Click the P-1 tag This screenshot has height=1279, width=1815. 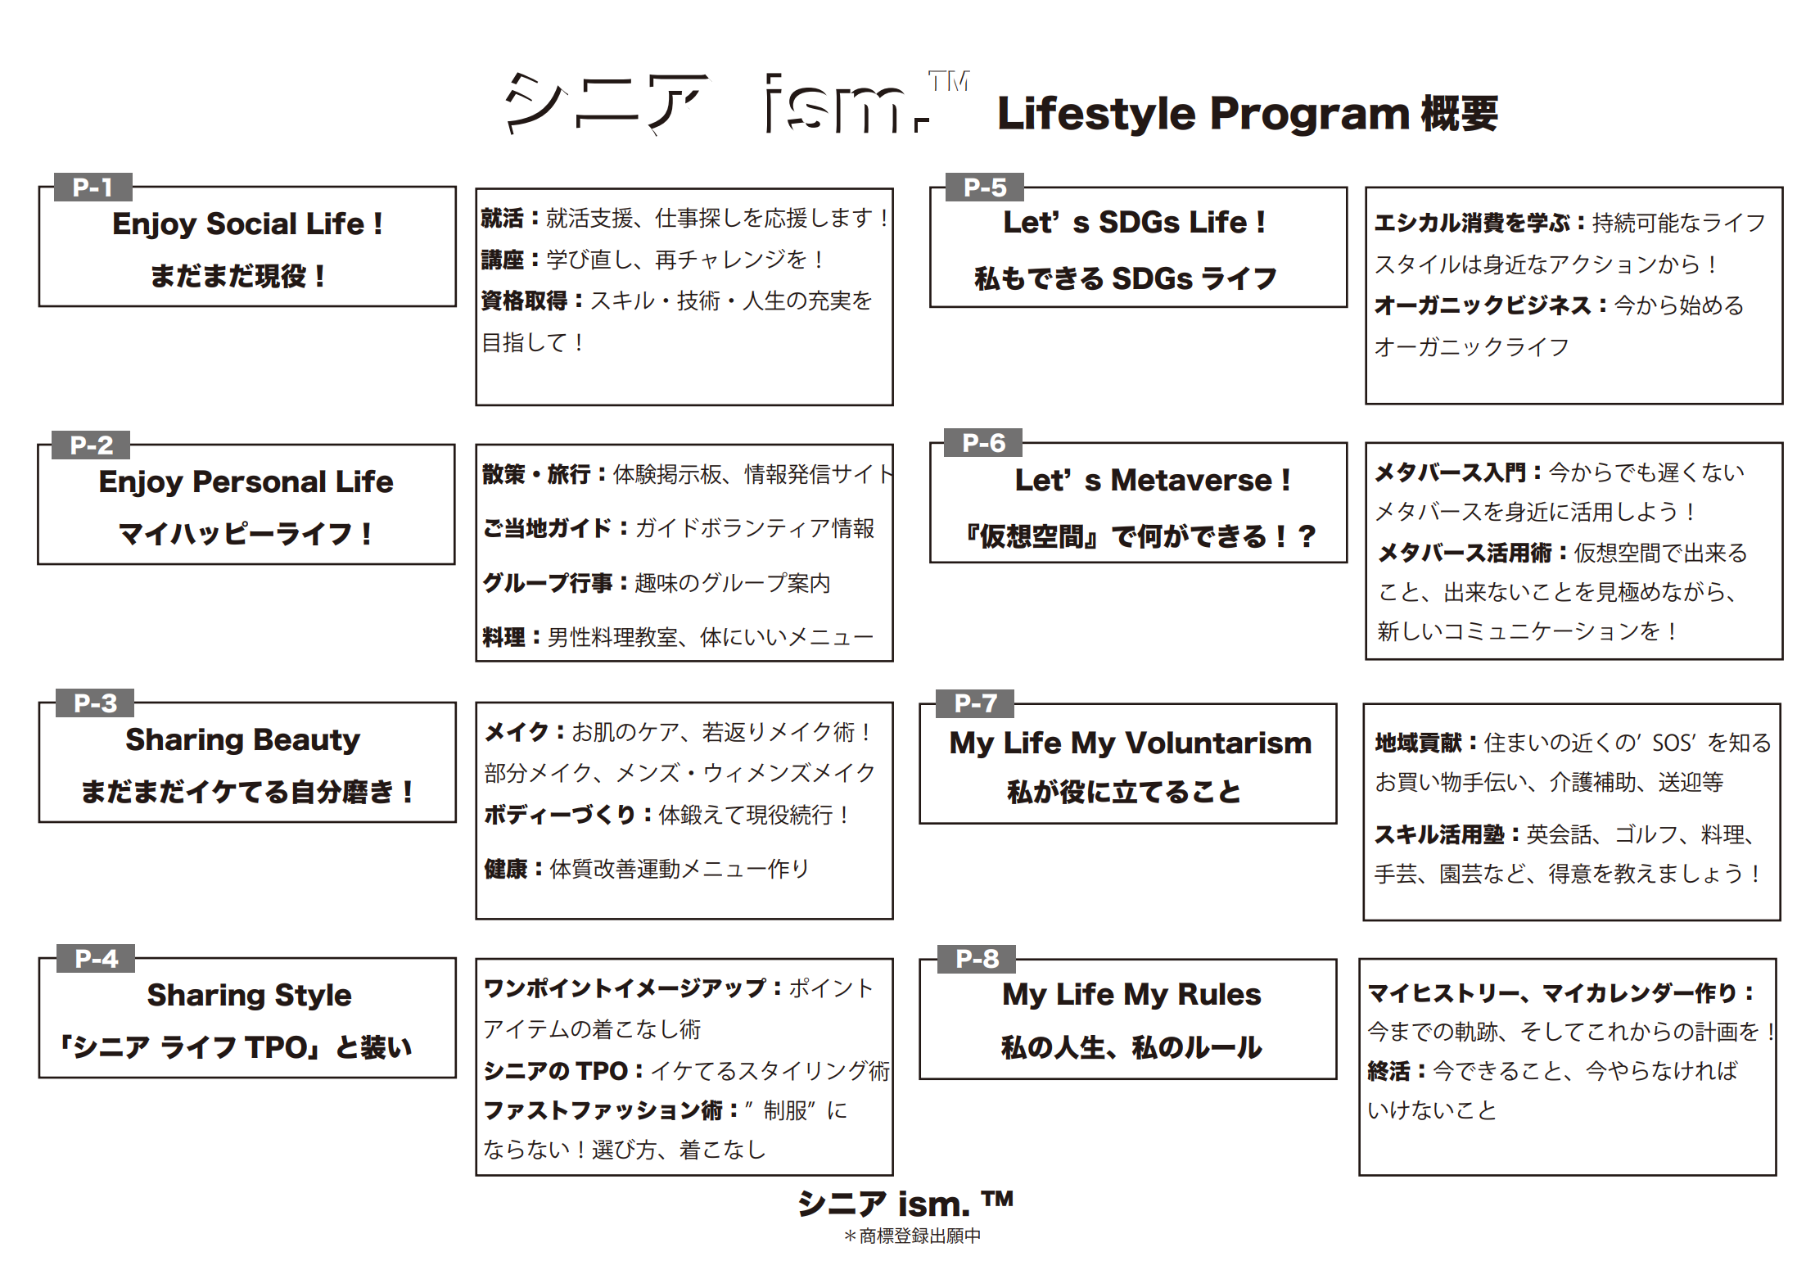coord(93,188)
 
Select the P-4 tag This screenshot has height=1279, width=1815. coord(96,958)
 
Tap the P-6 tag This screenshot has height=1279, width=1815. coord(982,443)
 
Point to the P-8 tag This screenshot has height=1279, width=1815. coord(977,958)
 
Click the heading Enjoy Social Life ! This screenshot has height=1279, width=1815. coord(247,224)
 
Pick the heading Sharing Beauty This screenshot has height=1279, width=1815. coord(242,739)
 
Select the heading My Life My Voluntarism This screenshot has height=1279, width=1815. coord(1130,743)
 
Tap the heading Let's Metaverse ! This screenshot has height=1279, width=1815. coord(1152,480)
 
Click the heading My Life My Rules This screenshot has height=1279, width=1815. coord(1131,994)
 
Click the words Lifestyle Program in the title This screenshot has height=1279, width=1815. coord(1202,113)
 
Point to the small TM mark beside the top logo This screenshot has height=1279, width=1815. coord(948,81)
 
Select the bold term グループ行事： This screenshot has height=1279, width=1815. coord(556,583)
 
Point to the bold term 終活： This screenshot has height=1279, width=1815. coord(1397,1070)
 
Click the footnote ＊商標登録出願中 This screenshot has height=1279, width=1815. coord(912,1236)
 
